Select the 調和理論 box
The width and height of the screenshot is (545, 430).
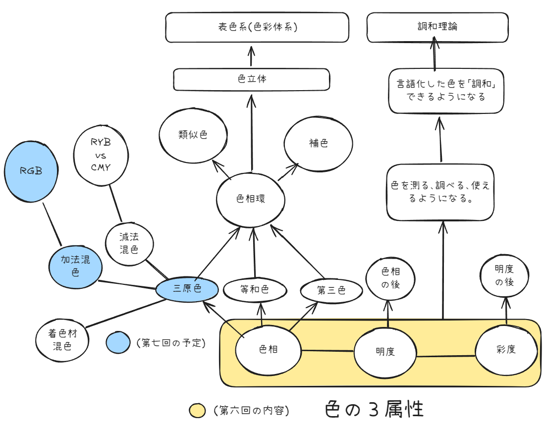pyautogui.click(x=437, y=27)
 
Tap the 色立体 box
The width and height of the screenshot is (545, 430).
pyautogui.click(x=251, y=79)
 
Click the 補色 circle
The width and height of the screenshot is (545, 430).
pyautogui.click(x=318, y=144)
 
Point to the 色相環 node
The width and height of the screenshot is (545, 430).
pyautogui.click(x=251, y=199)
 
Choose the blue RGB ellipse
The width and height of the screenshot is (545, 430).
pyautogui.click(x=31, y=171)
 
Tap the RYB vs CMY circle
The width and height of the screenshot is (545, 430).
pyautogui.click(x=101, y=154)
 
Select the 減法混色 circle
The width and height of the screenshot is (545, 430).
pyautogui.click(x=129, y=244)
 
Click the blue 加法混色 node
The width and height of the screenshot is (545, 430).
pyautogui.click(x=76, y=266)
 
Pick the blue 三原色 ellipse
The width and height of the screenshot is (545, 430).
pyautogui.click(x=187, y=289)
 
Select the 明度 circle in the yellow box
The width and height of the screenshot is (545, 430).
pyautogui.click(x=385, y=352)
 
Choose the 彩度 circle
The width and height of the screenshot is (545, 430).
pyautogui.click(x=506, y=350)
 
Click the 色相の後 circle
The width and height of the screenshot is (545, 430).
pyautogui.click(x=390, y=278)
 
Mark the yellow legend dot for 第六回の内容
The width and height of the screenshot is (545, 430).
pyautogui.click(x=197, y=411)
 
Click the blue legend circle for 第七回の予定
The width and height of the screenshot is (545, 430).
pyautogui.click(x=118, y=343)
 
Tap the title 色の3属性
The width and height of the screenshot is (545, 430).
pyautogui.click(x=375, y=410)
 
